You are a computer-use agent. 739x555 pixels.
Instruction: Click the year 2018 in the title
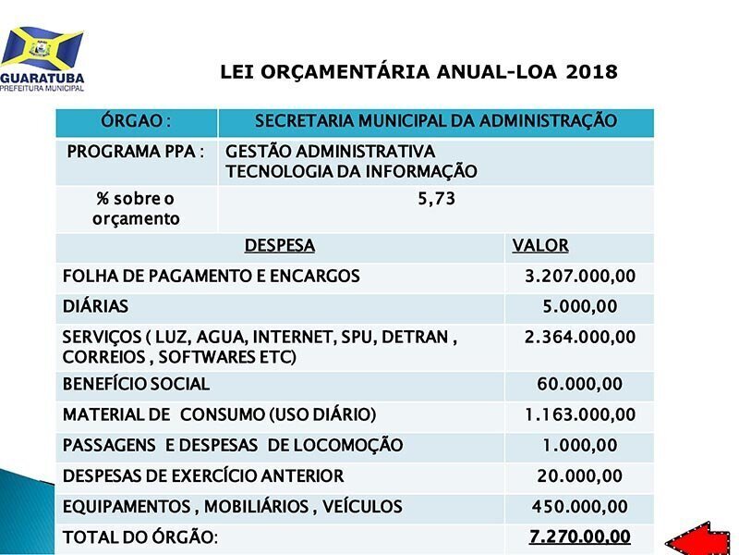coord(591,72)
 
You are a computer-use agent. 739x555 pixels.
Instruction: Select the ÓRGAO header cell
coord(136,121)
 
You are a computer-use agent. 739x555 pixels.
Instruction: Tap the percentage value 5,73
coord(436,199)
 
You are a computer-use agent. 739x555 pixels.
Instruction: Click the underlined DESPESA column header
coord(280,246)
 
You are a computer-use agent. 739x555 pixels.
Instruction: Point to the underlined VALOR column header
coord(540,246)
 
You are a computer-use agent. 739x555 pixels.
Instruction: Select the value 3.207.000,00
coord(580,276)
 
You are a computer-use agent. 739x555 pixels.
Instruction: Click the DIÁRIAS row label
coord(95,306)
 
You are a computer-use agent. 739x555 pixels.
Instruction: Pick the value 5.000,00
coord(580,307)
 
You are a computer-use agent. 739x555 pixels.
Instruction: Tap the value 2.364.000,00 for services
coord(580,337)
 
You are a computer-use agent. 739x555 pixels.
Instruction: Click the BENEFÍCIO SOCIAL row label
coord(136,384)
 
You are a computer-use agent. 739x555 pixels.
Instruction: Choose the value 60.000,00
coord(580,384)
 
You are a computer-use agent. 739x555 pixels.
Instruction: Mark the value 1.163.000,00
coord(580,414)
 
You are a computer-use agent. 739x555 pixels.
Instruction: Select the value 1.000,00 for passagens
coord(580,445)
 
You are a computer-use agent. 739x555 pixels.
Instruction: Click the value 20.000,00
coord(580,475)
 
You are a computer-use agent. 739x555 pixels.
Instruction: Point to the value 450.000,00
coord(580,506)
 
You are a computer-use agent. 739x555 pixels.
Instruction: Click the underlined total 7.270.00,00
coord(580,536)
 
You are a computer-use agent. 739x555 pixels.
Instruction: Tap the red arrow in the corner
coord(697,539)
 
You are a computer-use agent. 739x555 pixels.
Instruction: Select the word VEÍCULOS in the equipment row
coord(362,506)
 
